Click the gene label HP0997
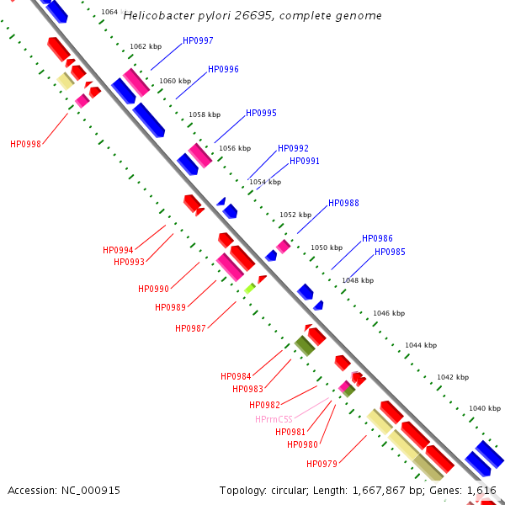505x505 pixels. tap(198, 40)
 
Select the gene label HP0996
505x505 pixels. tap(223, 69)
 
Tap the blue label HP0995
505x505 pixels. tap(261, 113)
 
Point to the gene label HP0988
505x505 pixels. tap(343, 203)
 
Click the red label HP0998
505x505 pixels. tap(25, 144)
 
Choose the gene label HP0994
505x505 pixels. tap(118, 250)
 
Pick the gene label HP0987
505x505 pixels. tap(190, 328)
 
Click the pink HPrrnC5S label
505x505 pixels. tap(274, 419)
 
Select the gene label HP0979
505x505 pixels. tap(322, 464)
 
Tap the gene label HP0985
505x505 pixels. tap(390, 252)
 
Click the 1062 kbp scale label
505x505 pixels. tap(145, 47)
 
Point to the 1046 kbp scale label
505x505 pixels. tap(389, 313)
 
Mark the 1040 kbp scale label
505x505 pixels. tap(484, 407)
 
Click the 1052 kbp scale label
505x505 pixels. tap(295, 215)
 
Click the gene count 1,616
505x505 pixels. tap(481, 490)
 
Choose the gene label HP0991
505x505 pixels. tap(305, 161)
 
